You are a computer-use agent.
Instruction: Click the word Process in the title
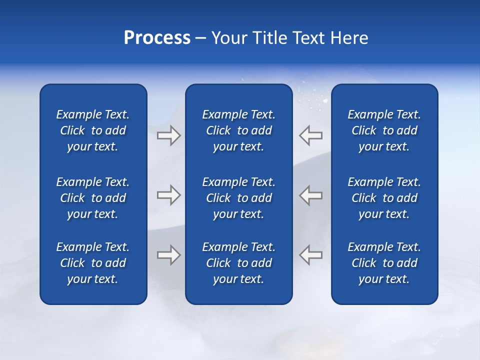pos(157,38)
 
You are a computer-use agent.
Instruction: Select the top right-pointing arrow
pos(168,135)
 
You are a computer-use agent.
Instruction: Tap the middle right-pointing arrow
pos(168,195)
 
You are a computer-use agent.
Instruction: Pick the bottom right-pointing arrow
pos(168,255)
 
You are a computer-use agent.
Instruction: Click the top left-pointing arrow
pos(310,135)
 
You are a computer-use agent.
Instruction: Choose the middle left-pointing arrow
pos(310,195)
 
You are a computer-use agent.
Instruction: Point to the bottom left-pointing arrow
pos(310,255)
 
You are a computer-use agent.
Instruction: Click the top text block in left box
pos(93,130)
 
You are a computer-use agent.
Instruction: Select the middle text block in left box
pos(93,198)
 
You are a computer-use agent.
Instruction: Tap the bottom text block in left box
pos(93,263)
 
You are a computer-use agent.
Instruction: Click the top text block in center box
pos(239,130)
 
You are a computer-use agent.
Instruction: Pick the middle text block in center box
pos(239,198)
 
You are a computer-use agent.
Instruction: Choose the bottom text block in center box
pos(239,263)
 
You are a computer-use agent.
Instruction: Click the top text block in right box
pos(384,130)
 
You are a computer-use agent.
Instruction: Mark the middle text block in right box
pos(384,198)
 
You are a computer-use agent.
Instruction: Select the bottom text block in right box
pos(384,263)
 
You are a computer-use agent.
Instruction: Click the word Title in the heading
pos(269,38)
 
